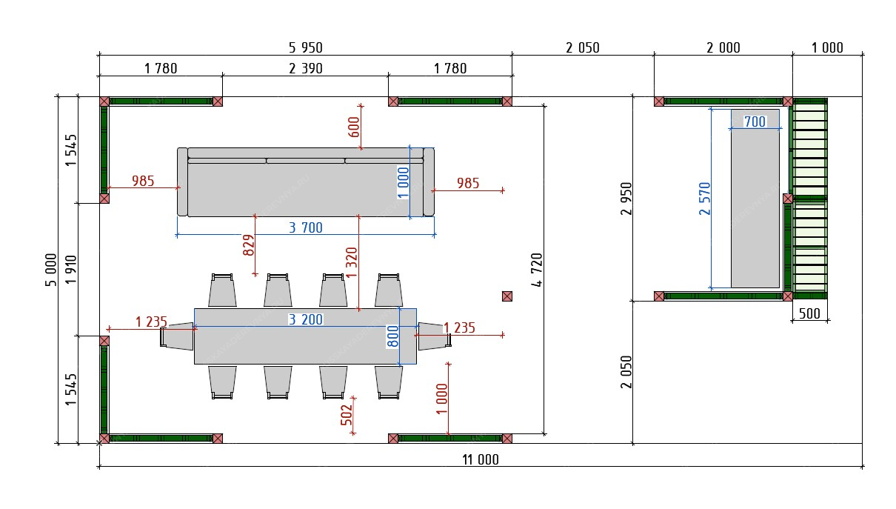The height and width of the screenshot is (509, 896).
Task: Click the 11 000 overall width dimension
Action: click(x=481, y=459)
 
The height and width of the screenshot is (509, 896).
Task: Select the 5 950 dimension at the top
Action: click(x=305, y=48)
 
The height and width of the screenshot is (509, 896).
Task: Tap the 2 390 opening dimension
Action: click(x=305, y=69)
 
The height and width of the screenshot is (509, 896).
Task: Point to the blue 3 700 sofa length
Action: click(x=305, y=228)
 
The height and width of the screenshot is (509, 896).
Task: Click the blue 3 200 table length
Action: click(x=305, y=319)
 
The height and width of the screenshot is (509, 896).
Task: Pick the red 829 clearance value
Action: click(x=249, y=245)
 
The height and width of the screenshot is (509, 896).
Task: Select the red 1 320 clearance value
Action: click(x=352, y=262)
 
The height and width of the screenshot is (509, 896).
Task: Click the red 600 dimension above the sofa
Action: click(x=353, y=127)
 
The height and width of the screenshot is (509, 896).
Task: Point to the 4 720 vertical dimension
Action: click(x=538, y=270)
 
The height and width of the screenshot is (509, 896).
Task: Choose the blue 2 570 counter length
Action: click(x=704, y=199)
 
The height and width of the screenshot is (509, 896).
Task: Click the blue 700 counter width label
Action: click(x=755, y=122)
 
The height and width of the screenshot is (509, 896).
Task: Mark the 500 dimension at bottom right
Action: click(x=809, y=313)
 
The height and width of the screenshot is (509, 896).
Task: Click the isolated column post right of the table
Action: click(x=507, y=296)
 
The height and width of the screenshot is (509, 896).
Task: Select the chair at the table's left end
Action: click(x=177, y=336)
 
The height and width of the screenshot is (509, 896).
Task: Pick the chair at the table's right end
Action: click(x=434, y=336)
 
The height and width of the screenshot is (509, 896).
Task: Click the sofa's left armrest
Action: click(x=182, y=182)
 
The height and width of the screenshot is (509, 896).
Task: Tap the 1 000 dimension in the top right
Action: click(x=827, y=48)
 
